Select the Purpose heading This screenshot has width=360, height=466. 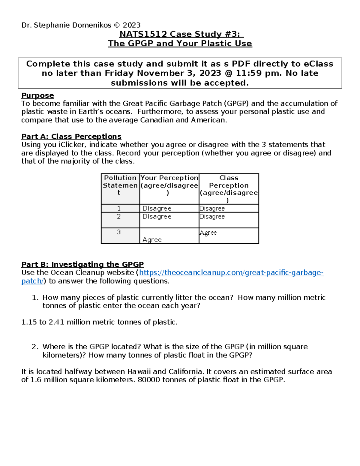[37, 96]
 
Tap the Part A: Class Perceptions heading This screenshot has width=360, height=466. [71, 137]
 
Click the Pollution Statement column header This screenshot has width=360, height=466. [120, 185]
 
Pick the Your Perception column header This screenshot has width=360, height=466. [169, 185]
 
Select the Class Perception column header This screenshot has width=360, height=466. [229, 189]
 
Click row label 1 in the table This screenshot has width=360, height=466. [119, 208]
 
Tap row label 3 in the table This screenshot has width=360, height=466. [119, 232]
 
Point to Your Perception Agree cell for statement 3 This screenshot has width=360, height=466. [152, 240]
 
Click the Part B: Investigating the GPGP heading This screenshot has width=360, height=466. [82, 265]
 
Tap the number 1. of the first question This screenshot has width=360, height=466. [35, 298]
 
